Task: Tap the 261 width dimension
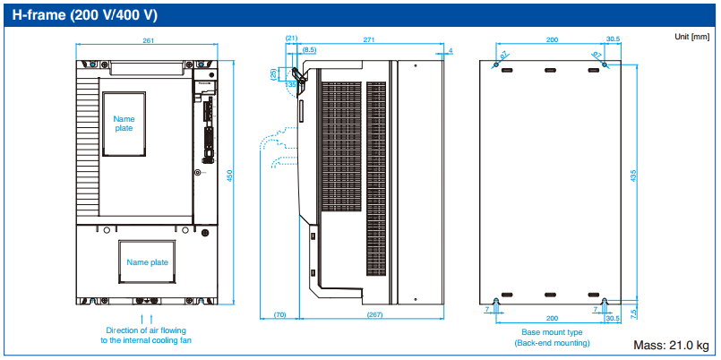tap(149, 40)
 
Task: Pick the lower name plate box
tap(147, 263)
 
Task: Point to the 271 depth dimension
tap(369, 40)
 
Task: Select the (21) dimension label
tap(291, 39)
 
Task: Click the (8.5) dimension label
tap(309, 48)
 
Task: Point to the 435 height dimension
tap(633, 176)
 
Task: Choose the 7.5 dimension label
tap(634, 313)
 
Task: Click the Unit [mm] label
tap(692, 37)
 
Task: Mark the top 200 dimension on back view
tap(552, 40)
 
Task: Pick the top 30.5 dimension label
tap(613, 40)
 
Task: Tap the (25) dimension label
tap(274, 74)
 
